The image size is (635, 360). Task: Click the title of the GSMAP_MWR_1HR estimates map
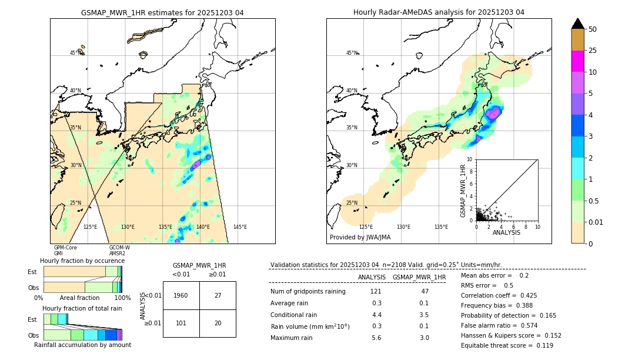click(162, 12)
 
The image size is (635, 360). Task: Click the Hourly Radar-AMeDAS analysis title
click(439, 12)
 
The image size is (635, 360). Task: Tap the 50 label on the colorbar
click(593, 29)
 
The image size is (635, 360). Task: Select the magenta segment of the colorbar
click(578, 61)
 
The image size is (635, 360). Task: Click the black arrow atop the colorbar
click(578, 24)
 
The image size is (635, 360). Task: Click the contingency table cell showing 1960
click(181, 295)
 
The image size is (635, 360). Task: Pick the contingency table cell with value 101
click(181, 323)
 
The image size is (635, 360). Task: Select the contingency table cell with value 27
click(218, 295)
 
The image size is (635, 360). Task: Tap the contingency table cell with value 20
click(218, 323)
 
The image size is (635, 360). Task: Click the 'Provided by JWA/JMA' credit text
click(360, 237)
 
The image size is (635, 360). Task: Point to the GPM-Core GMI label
click(65, 251)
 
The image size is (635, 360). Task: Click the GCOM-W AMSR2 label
click(119, 251)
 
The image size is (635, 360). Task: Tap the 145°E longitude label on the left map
click(240, 227)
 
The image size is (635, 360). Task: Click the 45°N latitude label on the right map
click(352, 54)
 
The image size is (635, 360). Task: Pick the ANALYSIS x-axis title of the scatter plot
click(506, 233)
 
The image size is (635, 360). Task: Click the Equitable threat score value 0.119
click(542, 345)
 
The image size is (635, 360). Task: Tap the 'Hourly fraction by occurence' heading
click(82, 261)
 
